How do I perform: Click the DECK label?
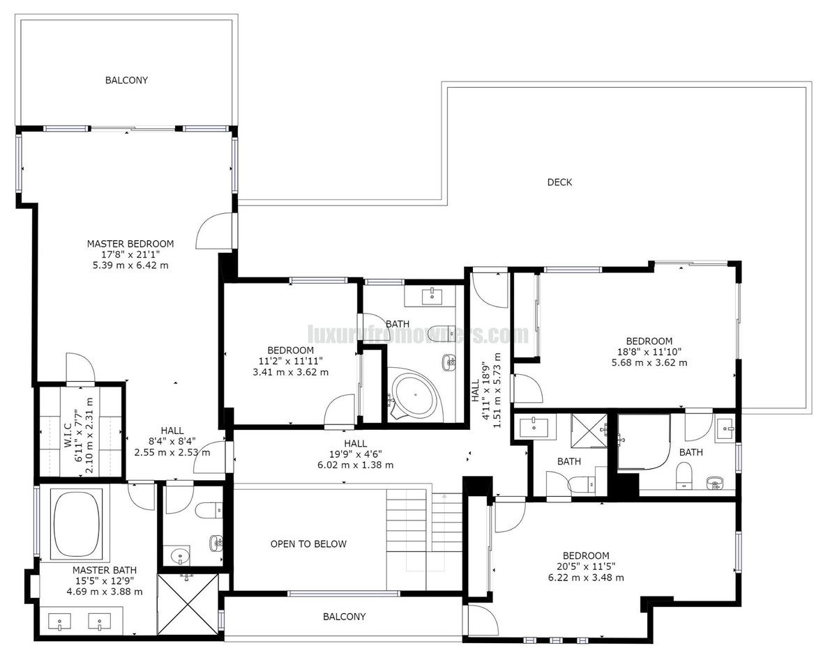[559, 183]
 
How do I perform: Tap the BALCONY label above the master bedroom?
[126, 80]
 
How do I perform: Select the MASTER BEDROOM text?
[130, 244]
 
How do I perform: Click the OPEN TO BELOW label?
[308, 544]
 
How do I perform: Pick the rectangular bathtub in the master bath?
[77, 524]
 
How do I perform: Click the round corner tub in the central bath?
[416, 396]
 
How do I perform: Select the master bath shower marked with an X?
[188, 604]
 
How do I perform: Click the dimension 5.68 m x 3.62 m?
[649, 362]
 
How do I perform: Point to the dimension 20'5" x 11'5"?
[586, 566]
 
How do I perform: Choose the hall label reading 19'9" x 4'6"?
[355, 454]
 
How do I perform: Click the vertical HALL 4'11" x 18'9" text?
[486, 390]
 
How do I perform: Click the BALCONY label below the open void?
[344, 617]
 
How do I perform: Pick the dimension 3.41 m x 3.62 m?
[290, 372]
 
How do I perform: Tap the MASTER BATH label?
[104, 569]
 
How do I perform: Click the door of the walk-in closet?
[80, 369]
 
